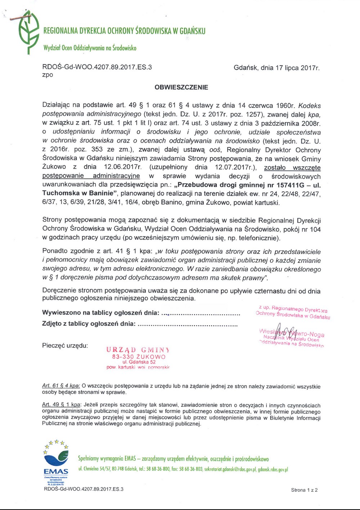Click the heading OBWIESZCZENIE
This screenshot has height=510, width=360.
coord(181,87)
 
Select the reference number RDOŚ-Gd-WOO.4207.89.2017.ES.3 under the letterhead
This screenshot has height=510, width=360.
coord(97,67)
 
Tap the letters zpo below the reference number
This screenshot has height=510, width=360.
coord(48,75)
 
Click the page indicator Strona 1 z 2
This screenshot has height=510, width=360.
coord(304,490)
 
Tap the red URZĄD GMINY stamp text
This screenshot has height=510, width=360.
coord(138,350)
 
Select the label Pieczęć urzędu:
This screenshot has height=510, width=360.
coord(65,346)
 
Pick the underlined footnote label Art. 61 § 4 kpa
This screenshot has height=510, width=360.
coord(61,386)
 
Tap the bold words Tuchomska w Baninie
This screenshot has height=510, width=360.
coord(78,193)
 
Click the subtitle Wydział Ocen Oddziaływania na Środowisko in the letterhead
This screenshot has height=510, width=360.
coord(90,48)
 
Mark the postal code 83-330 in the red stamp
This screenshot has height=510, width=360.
coord(123,357)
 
